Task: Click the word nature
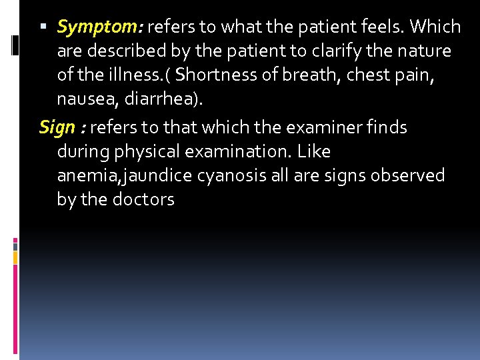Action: click(x=423, y=51)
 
